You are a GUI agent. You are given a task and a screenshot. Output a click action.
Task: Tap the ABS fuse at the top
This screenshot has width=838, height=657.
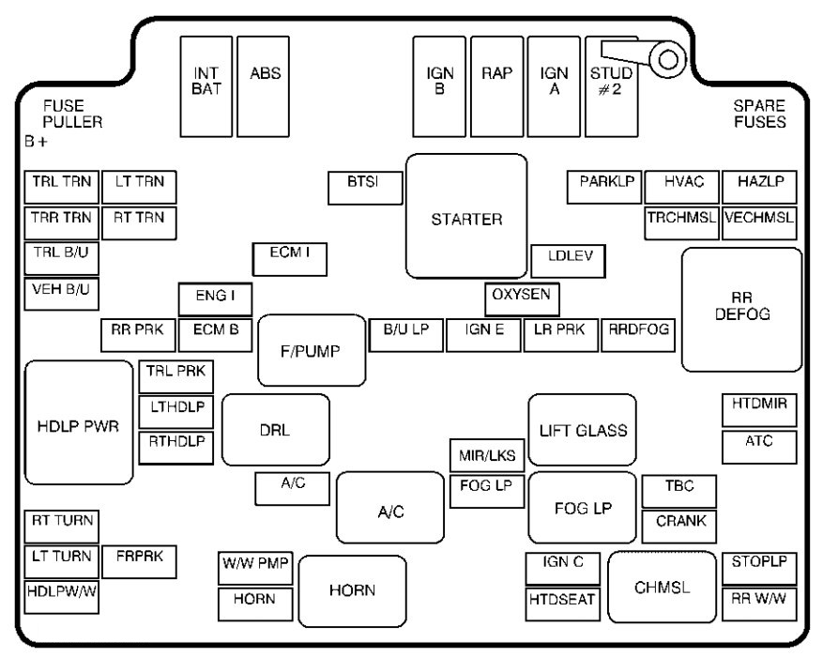coord(263,85)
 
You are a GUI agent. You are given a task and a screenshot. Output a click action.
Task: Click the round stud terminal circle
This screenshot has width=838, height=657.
coord(669,60)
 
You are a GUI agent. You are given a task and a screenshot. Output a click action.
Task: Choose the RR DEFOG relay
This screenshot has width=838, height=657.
coord(741,309)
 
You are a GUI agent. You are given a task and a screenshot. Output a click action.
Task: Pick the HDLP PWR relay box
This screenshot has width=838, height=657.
coord(78,421)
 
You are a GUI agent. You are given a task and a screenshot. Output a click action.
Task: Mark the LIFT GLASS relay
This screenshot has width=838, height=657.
coord(582,429)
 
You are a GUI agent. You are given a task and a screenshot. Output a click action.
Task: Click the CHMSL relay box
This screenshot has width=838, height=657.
coord(662,588)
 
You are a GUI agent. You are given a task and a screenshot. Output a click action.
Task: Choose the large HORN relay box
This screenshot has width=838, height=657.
coord(352,589)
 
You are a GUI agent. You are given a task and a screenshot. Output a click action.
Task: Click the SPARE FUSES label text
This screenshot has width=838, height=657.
coord(759,115)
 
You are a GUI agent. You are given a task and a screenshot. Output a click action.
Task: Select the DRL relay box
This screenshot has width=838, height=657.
coord(275,429)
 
